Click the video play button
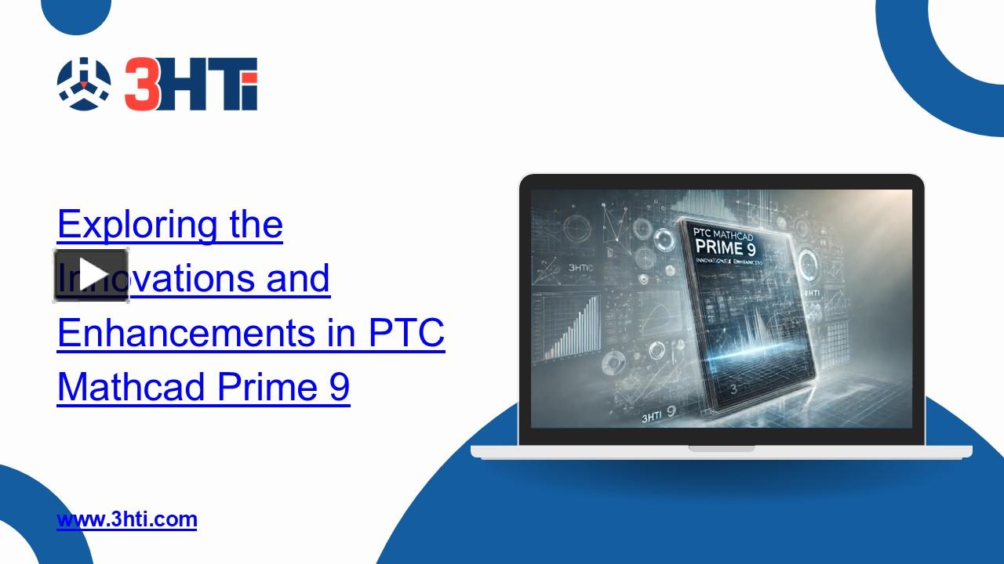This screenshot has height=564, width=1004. [91, 275]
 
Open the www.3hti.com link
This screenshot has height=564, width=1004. [127, 519]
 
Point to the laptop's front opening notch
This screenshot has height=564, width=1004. [721, 449]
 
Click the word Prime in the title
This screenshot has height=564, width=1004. [266, 387]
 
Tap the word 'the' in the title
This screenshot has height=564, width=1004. [255, 225]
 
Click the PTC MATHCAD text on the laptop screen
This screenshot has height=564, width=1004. [725, 233]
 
